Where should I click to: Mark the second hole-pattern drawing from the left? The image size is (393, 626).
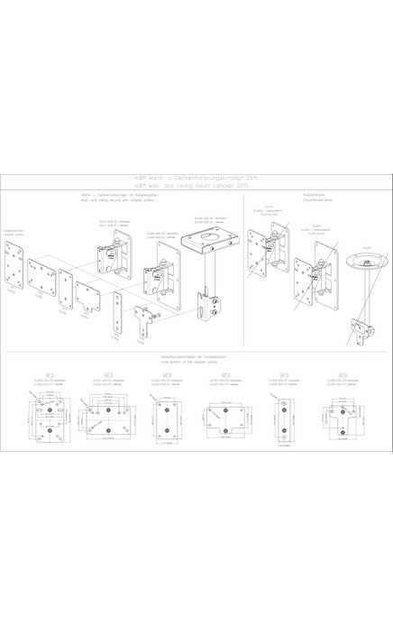pos(105,415)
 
